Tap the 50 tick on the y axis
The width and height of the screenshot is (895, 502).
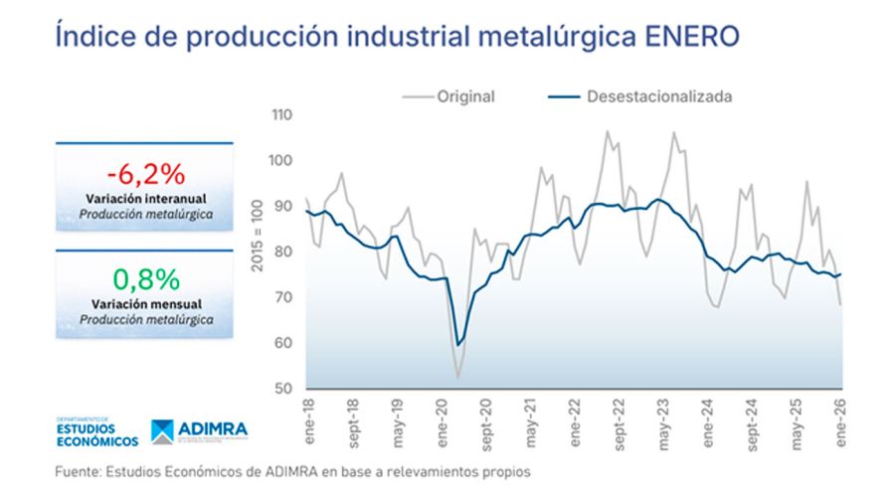tap(284, 389)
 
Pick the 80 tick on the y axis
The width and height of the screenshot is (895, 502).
tap(284, 251)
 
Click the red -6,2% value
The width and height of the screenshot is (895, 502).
tap(145, 175)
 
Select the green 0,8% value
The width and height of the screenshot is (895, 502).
tap(145, 278)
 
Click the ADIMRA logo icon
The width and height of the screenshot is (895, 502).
tap(162, 430)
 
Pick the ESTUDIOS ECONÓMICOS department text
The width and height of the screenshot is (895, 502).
tap(96, 434)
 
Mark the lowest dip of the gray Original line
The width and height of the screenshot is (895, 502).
tap(457, 378)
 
